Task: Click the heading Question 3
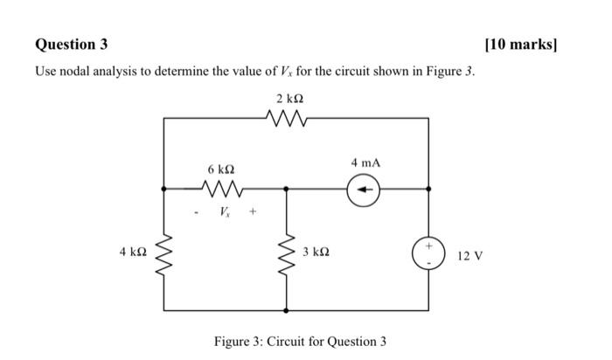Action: (73, 44)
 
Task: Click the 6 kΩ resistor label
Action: (221, 167)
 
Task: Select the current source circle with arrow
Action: (365, 188)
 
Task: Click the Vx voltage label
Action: (226, 211)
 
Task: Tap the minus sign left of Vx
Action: (198, 211)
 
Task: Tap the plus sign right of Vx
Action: (254, 211)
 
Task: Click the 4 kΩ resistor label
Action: (133, 252)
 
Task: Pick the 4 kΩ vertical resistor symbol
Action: (163, 251)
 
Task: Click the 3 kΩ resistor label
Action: (316, 252)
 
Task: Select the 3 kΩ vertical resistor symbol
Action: (286, 251)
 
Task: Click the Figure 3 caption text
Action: (300, 341)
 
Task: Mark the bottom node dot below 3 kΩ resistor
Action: (286, 310)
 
